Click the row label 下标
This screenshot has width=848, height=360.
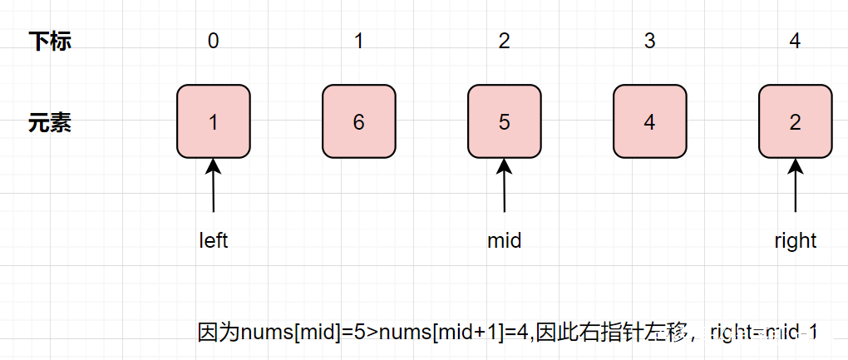click(x=50, y=42)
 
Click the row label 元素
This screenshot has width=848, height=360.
click(x=50, y=122)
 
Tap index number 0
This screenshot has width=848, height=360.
click(x=214, y=42)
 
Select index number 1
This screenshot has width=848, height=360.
click(x=358, y=42)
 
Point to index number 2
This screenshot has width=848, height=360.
click(x=505, y=42)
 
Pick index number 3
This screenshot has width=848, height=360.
click(x=649, y=42)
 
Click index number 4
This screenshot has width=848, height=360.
click(x=796, y=42)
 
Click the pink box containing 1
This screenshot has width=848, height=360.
click(x=214, y=121)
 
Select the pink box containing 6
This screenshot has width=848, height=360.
click(x=358, y=121)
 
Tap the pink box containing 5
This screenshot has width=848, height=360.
click(x=505, y=121)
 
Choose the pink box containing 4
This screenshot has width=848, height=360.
click(x=649, y=121)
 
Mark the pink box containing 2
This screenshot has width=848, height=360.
click(x=796, y=121)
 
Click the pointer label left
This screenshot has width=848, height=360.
click(x=214, y=241)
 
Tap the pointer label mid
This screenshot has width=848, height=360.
click(x=505, y=241)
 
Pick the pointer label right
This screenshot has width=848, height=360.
click(x=796, y=241)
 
